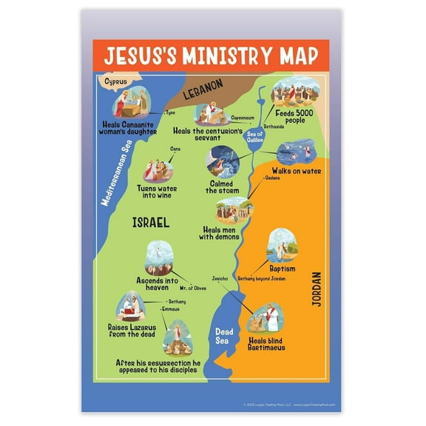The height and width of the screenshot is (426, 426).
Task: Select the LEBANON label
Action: (203, 87)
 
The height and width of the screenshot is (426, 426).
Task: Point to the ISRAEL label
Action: (150, 221)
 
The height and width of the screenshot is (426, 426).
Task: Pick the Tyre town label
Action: (170, 112)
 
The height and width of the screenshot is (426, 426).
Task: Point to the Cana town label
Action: (175, 149)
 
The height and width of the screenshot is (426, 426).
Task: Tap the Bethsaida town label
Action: (274, 126)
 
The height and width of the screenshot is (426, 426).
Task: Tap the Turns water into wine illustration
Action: (156, 169)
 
